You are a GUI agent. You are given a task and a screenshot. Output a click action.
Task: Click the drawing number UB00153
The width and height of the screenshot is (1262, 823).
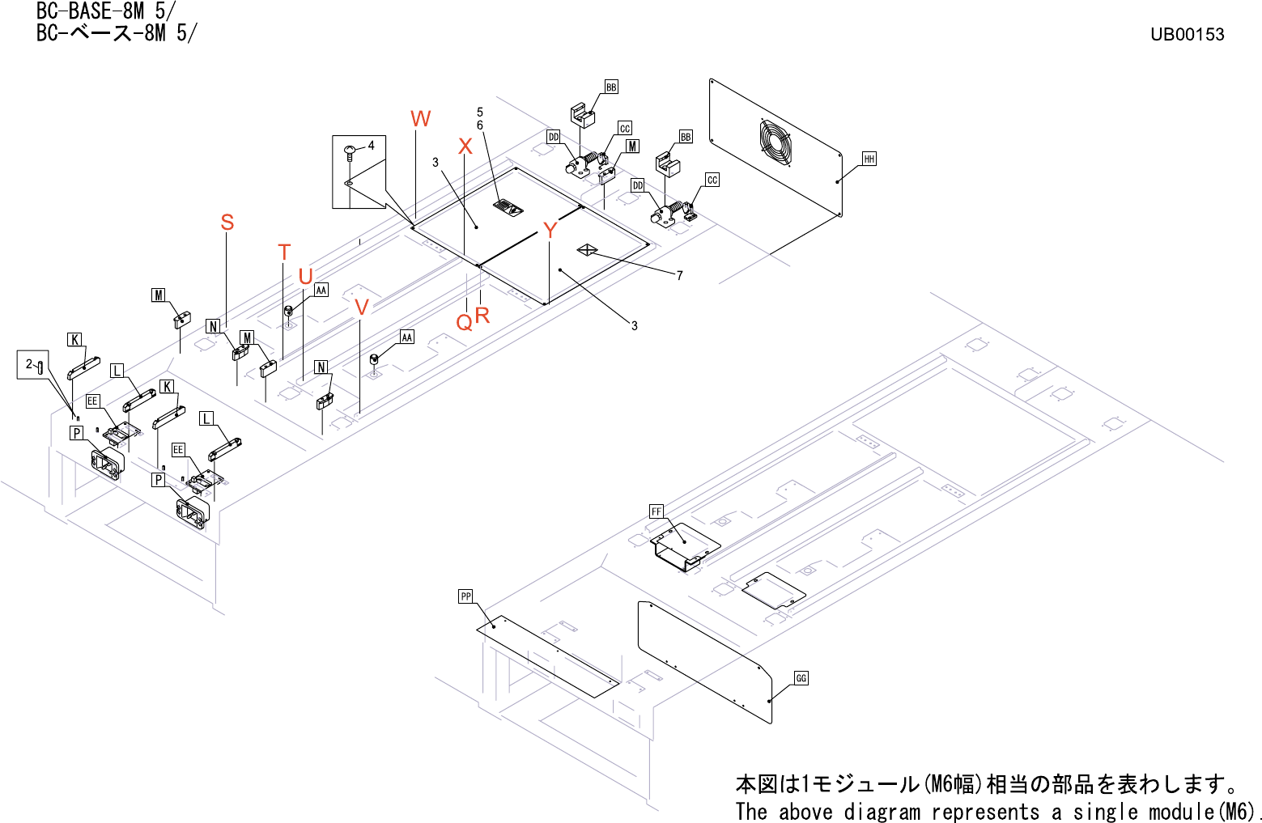pyautogui.click(x=1187, y=34)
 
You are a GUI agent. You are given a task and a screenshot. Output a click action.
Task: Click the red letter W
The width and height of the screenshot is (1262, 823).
pyautogui.click(x=420, y=119)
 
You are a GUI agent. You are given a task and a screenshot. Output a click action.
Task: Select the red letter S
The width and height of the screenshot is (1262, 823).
pyautogui.click(x=227, y=223)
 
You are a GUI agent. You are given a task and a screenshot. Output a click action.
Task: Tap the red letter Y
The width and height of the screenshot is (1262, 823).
pyautogui.click(x=550, y=231)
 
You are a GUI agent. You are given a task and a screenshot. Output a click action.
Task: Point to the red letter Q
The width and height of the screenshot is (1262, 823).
pyautogui.click(x=464, y=323)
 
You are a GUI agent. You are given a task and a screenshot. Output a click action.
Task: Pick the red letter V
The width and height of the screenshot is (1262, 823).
pyautogui.click(x=362, y=308)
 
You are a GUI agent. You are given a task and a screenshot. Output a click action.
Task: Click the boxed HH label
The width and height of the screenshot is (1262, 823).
pyautogui.click(x=869, y=159)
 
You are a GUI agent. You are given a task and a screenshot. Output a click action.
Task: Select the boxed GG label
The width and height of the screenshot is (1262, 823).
pyautogui.click(x=801, y=678)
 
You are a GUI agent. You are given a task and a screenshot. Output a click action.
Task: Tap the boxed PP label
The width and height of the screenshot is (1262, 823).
pyautogui.click(x=465, y=596)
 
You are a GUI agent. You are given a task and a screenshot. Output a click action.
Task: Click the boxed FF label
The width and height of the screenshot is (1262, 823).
pyautogui.click(x=656, y=511)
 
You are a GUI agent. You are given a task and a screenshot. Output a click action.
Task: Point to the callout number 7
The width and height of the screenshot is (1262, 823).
pyautogui.click(x=680, y=276)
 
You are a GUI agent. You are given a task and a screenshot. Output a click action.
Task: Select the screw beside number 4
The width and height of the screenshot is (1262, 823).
pyautogui.click(x=351, y=150)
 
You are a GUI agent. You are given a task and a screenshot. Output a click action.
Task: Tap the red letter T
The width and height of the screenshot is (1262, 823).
pyautogui.click(x=284, y=252)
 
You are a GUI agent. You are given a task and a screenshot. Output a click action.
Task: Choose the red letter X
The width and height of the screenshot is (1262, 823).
pyautogui.click(x=465, y=146)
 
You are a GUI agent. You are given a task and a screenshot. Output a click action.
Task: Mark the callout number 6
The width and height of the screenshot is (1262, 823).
pyautogui.click(x=480, y=125)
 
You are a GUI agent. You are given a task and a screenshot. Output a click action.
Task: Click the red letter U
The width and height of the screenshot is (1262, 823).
pyautogui.click(x=305, y=277)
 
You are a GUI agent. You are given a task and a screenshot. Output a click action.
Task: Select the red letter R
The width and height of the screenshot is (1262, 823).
pyautogui.click(x=482, y=316)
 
